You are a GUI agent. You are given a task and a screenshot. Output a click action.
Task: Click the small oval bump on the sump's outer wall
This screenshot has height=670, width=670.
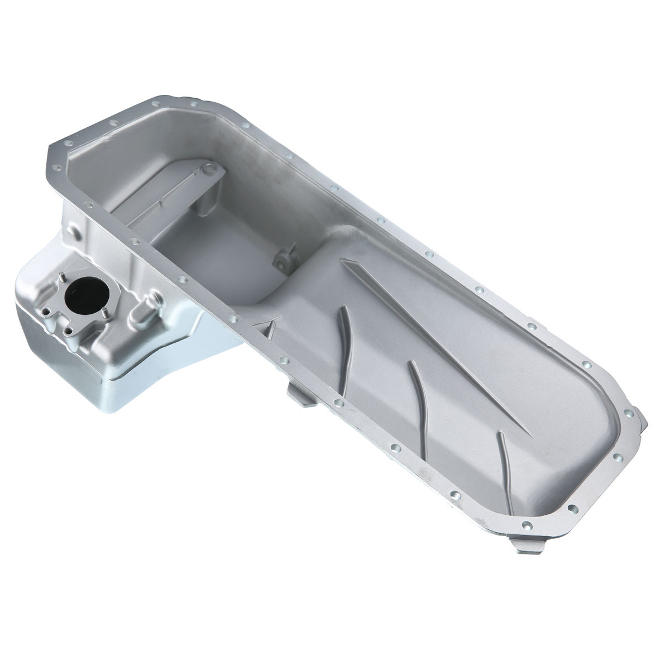pyautogui.click(x=74, y=230)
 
